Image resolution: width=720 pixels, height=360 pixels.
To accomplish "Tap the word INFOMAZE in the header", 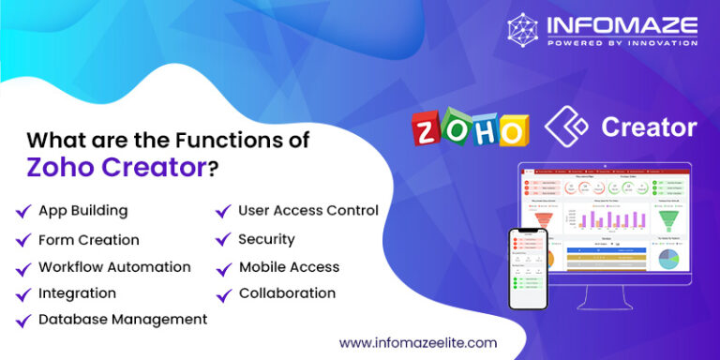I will pyautogui.click(x=622, y=23).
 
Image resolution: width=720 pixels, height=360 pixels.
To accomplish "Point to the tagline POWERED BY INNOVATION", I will pyautogui.click(x=622, y=42).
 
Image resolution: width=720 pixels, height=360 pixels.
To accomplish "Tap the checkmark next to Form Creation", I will pyautogui.click(x=22, y=241).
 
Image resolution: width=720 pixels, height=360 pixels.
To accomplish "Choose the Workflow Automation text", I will pyautogui.click(x=114, y=267).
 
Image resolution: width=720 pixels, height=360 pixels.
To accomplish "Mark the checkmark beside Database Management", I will pyautogui.click(x=22, y=321).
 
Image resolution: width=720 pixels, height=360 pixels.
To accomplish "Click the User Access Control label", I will pyautogui.click(x=307, y=210).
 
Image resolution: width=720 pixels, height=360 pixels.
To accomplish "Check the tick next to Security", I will pyautogui.click(x=223, y=241).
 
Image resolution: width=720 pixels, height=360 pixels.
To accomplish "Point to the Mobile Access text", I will pyautogui.click(x=289, y=267).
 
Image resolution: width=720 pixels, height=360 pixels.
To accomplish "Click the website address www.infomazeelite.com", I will pyautogui.click(x=417, y=343).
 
